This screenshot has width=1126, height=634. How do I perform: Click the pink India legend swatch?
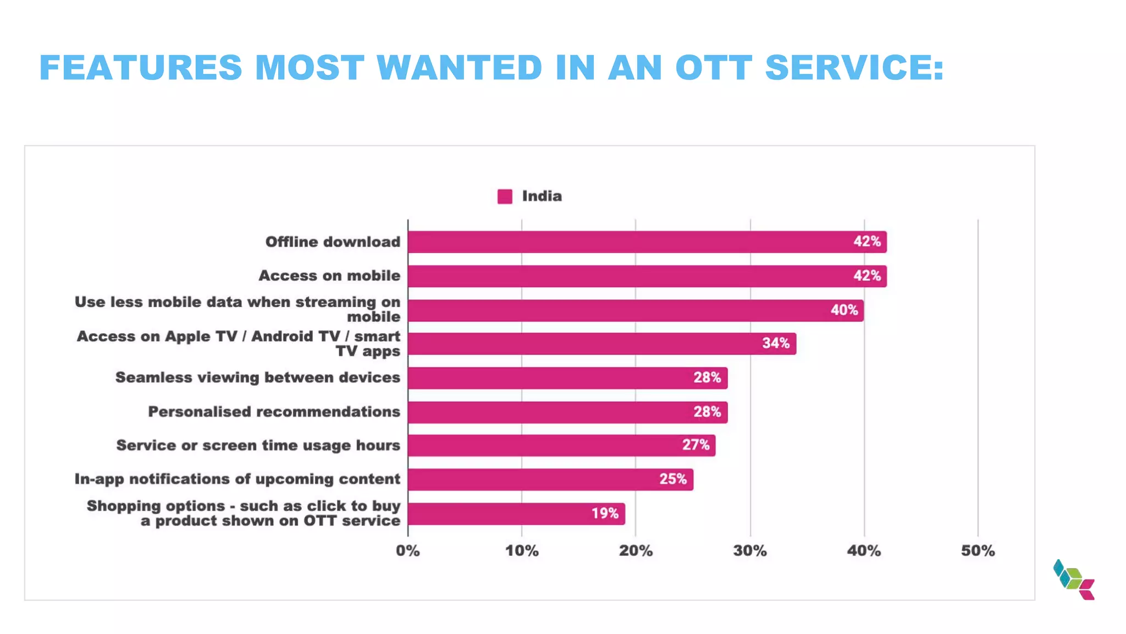504,196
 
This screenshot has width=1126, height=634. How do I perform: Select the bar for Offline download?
647,242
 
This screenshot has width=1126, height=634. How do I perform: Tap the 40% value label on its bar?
844,310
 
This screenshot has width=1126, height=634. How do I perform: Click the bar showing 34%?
601,344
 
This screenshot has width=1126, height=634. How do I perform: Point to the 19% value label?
605,513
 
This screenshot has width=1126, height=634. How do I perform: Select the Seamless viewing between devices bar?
567,378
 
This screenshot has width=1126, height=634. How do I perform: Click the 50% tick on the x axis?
978,551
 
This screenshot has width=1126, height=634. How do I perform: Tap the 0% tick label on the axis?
407,551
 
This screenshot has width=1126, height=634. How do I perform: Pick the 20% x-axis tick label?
636,551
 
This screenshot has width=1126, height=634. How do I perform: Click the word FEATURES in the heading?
141,68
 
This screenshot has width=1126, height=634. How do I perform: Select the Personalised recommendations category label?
274,412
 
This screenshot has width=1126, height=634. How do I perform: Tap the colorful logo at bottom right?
1074,580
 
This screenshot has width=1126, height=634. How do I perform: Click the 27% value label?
696,445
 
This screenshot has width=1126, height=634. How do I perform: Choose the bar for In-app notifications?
550,479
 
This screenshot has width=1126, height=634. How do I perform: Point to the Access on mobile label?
329,276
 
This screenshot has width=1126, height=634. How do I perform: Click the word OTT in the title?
713,68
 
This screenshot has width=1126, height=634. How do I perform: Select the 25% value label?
673,479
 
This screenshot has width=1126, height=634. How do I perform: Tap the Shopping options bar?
516,513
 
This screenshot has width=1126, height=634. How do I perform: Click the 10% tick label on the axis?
522,551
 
